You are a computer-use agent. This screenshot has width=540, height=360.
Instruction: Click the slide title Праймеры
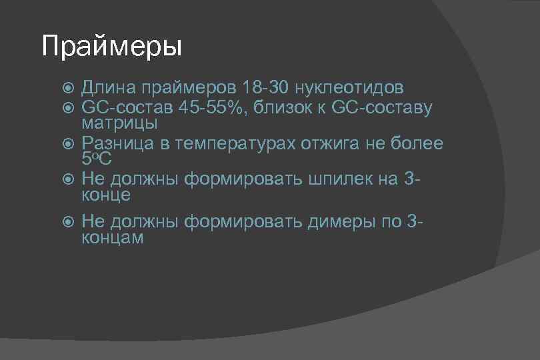click(111, 47)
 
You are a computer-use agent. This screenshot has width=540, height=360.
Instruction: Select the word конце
click(106, 195)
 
